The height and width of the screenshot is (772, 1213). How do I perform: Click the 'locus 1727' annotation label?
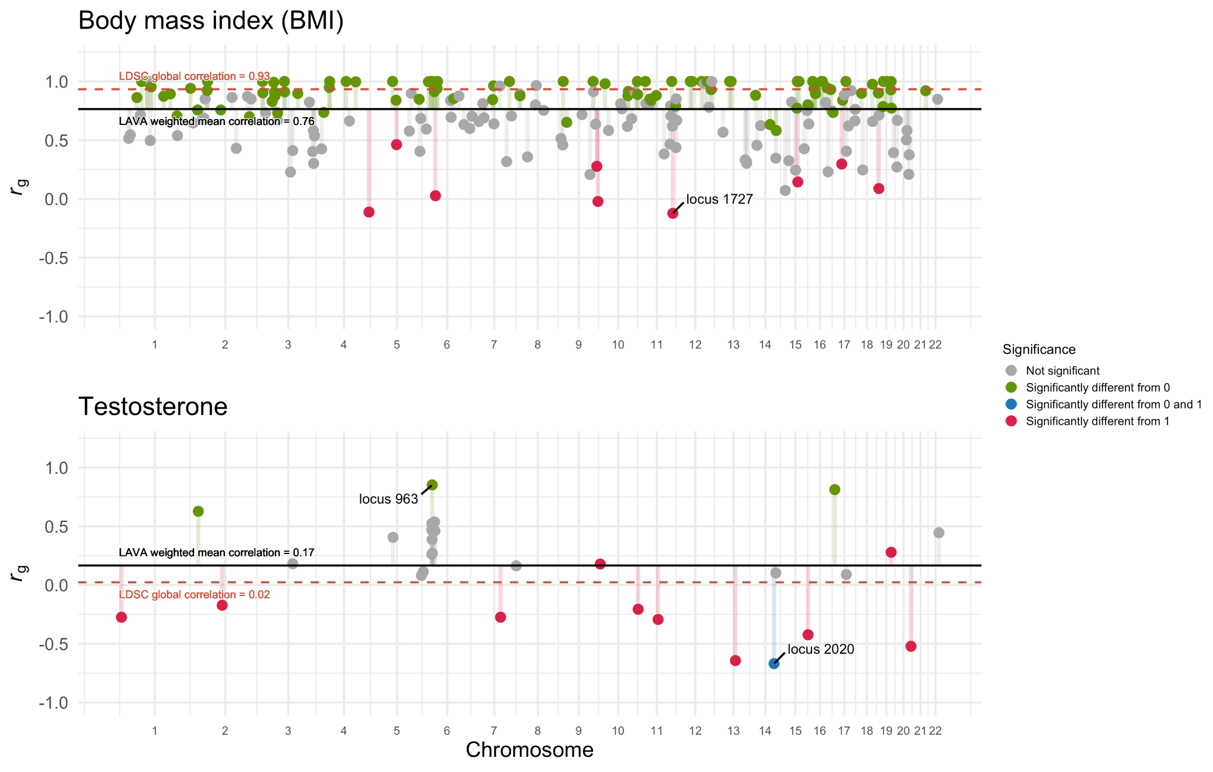(719, 200)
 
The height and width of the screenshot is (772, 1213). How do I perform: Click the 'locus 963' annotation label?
(388, 499)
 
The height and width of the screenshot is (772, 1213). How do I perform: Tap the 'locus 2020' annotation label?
(821, 649)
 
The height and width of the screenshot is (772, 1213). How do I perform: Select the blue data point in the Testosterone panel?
(774, 663)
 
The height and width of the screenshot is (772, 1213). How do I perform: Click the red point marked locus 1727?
(673, 213)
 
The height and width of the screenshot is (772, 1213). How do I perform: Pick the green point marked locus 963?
(432, 485)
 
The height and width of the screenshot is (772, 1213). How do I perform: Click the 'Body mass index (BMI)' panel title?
(211, 21)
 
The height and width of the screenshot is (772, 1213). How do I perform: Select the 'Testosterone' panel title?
(153, 407)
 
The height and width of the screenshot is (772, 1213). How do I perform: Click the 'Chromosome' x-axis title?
(529, 750)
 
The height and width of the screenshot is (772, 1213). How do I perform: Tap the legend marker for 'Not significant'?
(1011, 371)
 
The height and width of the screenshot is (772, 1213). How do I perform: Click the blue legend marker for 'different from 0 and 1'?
(1011, 404)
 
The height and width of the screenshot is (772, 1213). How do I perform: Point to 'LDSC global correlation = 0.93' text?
(194, 76)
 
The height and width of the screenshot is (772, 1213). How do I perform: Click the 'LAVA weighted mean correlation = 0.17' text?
(217, 553)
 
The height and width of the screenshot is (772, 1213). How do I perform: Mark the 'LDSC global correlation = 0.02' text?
(194, 595)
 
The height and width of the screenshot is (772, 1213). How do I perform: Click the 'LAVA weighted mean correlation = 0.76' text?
(217, 121)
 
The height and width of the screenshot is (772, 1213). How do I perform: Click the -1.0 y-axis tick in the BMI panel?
(53, 317)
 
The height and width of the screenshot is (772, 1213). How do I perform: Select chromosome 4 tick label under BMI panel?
(344, 345)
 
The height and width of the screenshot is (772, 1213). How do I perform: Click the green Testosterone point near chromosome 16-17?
(835, 490)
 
